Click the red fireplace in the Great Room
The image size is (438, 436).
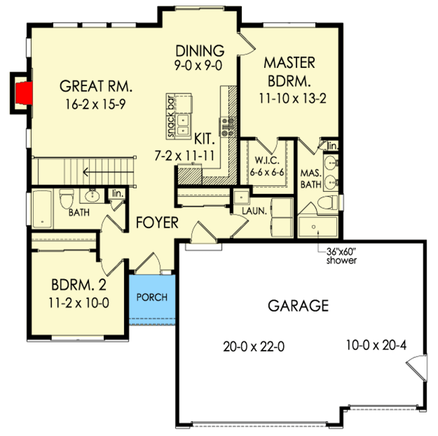pyautogui.click(x=24, y=94)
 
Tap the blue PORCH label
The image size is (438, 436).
pyautogui.click(x=152, y=297)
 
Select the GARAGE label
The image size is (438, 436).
pyautogui.click(x=299, y=306)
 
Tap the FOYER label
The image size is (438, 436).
pyautogui.click(x=158, y=223)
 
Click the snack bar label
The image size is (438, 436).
pyautogui.click(x=171, y=116)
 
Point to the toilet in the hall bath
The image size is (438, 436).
pyautogui.click(x=66, y=198)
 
